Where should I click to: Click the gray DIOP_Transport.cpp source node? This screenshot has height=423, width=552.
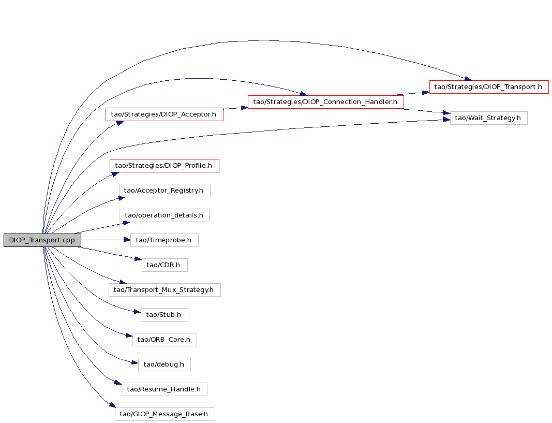(x=42, y=240)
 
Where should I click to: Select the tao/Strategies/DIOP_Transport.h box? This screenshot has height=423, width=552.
(x=489, y=87)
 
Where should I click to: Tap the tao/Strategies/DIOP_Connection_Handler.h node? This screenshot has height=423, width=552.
(x=325, y=102)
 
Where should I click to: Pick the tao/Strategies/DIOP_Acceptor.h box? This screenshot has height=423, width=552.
(x=165, y=114)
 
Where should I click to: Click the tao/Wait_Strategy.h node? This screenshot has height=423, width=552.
(x=489, y=118)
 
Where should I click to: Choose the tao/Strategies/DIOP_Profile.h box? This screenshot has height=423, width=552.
(x=165, y=166)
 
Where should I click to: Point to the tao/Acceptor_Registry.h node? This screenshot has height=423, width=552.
(x=165, y=191)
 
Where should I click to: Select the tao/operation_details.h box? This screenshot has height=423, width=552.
(x=165, y=215)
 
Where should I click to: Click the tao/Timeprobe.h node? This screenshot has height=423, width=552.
(x=165, y=240)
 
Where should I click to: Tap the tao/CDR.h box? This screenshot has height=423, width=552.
(x=165, y=265)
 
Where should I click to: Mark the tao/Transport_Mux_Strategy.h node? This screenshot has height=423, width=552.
(x=165, y=290)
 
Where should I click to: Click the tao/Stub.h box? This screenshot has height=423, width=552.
(x=165, y=315)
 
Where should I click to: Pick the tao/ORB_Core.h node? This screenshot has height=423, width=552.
(x=165, y=340)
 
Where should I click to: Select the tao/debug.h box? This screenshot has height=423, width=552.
(x=165, y=364)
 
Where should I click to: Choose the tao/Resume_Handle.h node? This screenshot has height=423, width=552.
(x=165, y=389)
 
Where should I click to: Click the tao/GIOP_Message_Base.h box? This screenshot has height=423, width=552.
(x=165, y=414)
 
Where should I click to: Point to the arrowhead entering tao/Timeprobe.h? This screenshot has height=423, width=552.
(x=127, y=240)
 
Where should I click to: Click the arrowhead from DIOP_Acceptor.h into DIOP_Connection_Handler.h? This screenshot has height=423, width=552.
(x=245, y=108)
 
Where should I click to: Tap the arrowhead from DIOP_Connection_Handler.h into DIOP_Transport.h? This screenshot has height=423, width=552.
(x=426, y=92)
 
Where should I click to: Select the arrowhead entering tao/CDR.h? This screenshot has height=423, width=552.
(x=138, y=259)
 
